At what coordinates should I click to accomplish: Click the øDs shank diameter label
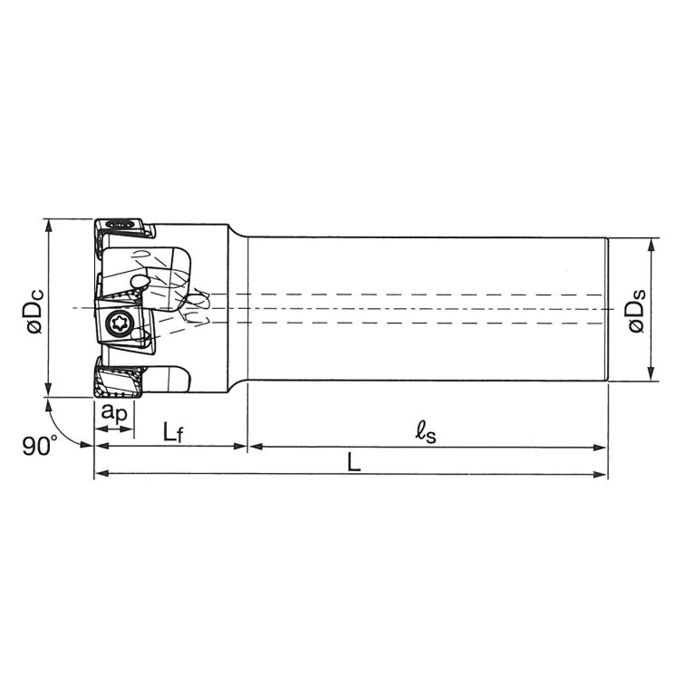click(636, 311)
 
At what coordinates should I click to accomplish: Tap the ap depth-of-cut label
click(114, 412)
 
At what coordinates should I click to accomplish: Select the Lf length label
click(173, 431)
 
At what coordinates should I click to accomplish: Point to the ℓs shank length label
click(426, 432)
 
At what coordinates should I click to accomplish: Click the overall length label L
click(353, 462)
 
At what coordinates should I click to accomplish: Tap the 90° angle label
click(40, 446)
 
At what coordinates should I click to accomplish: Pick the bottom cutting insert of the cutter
click(119, 382)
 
